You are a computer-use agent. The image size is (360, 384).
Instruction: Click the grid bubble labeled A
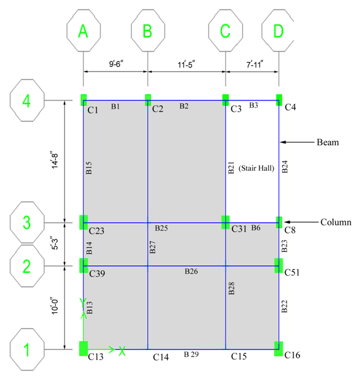coord(84,31)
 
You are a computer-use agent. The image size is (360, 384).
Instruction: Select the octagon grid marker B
coord(148,31)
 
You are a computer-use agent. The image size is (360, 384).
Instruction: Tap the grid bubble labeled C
coord(225,31)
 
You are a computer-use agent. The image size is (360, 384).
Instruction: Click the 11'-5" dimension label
coord(186,65)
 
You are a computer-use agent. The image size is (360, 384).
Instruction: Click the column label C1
coord(93,109)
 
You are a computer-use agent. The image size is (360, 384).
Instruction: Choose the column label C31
coord(239,229)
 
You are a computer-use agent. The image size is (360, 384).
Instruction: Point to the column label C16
coord(292,356)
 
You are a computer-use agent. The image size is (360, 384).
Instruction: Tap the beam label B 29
coord(190,354)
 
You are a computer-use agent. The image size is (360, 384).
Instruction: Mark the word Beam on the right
coord(328,142)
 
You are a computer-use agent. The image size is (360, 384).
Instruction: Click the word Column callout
coord(334,222)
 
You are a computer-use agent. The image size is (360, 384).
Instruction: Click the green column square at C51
coord(279,265)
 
